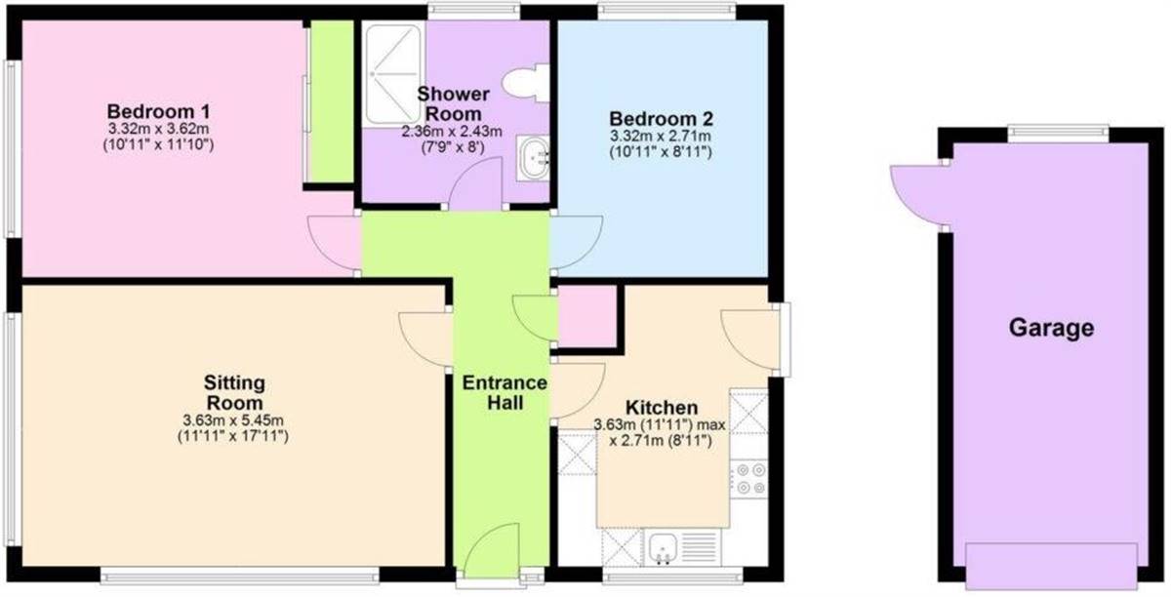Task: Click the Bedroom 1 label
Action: click(x=158, y=111)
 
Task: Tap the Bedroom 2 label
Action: click(x=661, y=119)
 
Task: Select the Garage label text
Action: click(x=1051, y=329)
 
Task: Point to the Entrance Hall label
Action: click(x=505, y=392)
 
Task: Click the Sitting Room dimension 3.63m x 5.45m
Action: click(x=233, y=419)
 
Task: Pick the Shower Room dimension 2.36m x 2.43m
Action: click(x=452, y=132)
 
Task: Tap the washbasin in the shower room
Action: click(x=533, y=158)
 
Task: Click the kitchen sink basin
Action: click(x=663, y=548)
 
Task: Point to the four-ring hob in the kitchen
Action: click(x=749, y=479)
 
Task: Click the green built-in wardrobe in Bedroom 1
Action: click(x=332, y=102)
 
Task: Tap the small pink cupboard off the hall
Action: click(x=587, y=317)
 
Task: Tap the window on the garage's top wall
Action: click(x=1059, y=134)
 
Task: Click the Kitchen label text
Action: click(x=662, y=408)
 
